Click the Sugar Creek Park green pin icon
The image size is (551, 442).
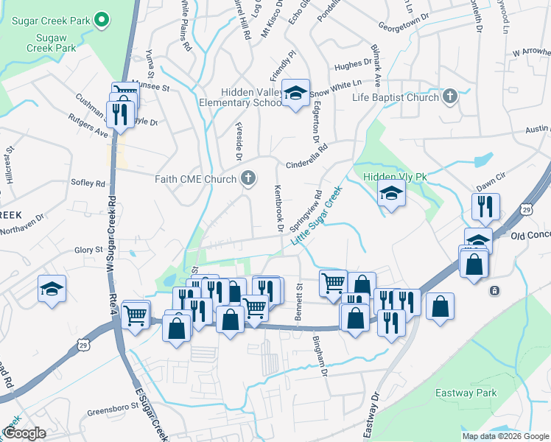coord(102,19)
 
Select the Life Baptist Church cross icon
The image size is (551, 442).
coord(449,97)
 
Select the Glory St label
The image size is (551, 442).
coord(88,250)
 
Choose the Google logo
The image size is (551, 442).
coord(24,434)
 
